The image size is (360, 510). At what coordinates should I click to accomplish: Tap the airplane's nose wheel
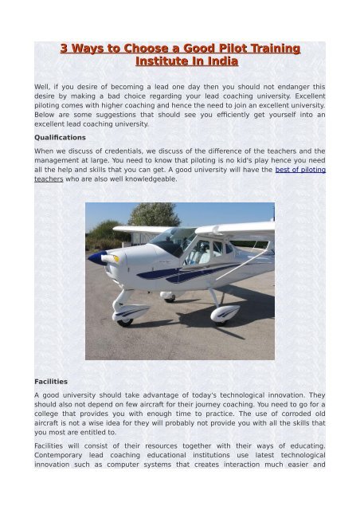pos(123,322)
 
